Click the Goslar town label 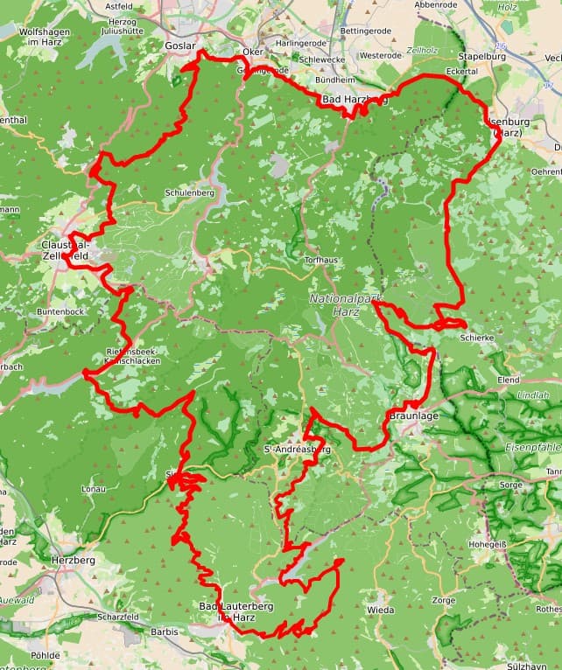coord(179,45)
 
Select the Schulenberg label coord(189,192)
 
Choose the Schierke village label coord(477,337)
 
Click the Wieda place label coord(380,609)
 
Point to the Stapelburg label coord(482,56)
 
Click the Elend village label coord(508,380)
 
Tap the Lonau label coord(93,490)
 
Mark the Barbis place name coord(165,631)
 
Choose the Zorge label coord(444,602)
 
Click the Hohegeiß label coord(487,543)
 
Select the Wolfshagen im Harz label coord(44,36)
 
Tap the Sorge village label coord(511,484)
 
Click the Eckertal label coord(461,71)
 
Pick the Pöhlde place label coord(46,654)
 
